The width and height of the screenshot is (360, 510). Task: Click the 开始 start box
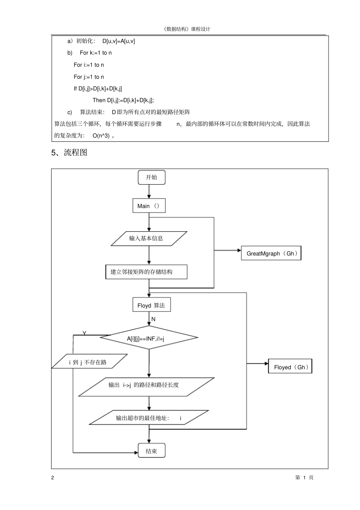[x=152, y=177]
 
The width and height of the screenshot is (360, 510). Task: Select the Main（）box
[x=149, y=206]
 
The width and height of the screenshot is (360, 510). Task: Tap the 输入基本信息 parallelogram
[x=149, y=239]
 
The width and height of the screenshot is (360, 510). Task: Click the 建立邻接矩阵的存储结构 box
[x=146, y=272]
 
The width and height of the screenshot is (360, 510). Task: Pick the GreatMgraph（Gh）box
[x=271, y=253]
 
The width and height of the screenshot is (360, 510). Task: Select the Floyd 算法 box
[x=152, y=305]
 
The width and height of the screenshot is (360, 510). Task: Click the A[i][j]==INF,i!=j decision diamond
[x=149, y=337]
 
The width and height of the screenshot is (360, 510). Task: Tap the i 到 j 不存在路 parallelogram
[x=89, y=362]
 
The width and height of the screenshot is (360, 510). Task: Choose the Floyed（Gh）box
[x=290, y=367]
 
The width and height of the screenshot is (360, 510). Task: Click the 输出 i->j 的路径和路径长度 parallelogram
[x=146, y=386]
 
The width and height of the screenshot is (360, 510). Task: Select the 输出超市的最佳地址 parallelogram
[x=149, y=418]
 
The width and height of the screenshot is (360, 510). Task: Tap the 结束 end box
[x=152, y=451]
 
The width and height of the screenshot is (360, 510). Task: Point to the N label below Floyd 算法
[x=153, y=319]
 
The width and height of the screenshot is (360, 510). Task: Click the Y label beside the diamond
[x=85, y=333]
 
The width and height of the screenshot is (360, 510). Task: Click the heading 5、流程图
[x=69, y=152]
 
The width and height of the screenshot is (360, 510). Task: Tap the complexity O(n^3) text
[x=101, y=136]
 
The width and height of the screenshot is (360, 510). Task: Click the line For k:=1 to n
[x=95, y=53]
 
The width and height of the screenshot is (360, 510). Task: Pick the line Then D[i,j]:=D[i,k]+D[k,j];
[x=123, y=100]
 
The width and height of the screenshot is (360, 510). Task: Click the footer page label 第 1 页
[x=304, y=477]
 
